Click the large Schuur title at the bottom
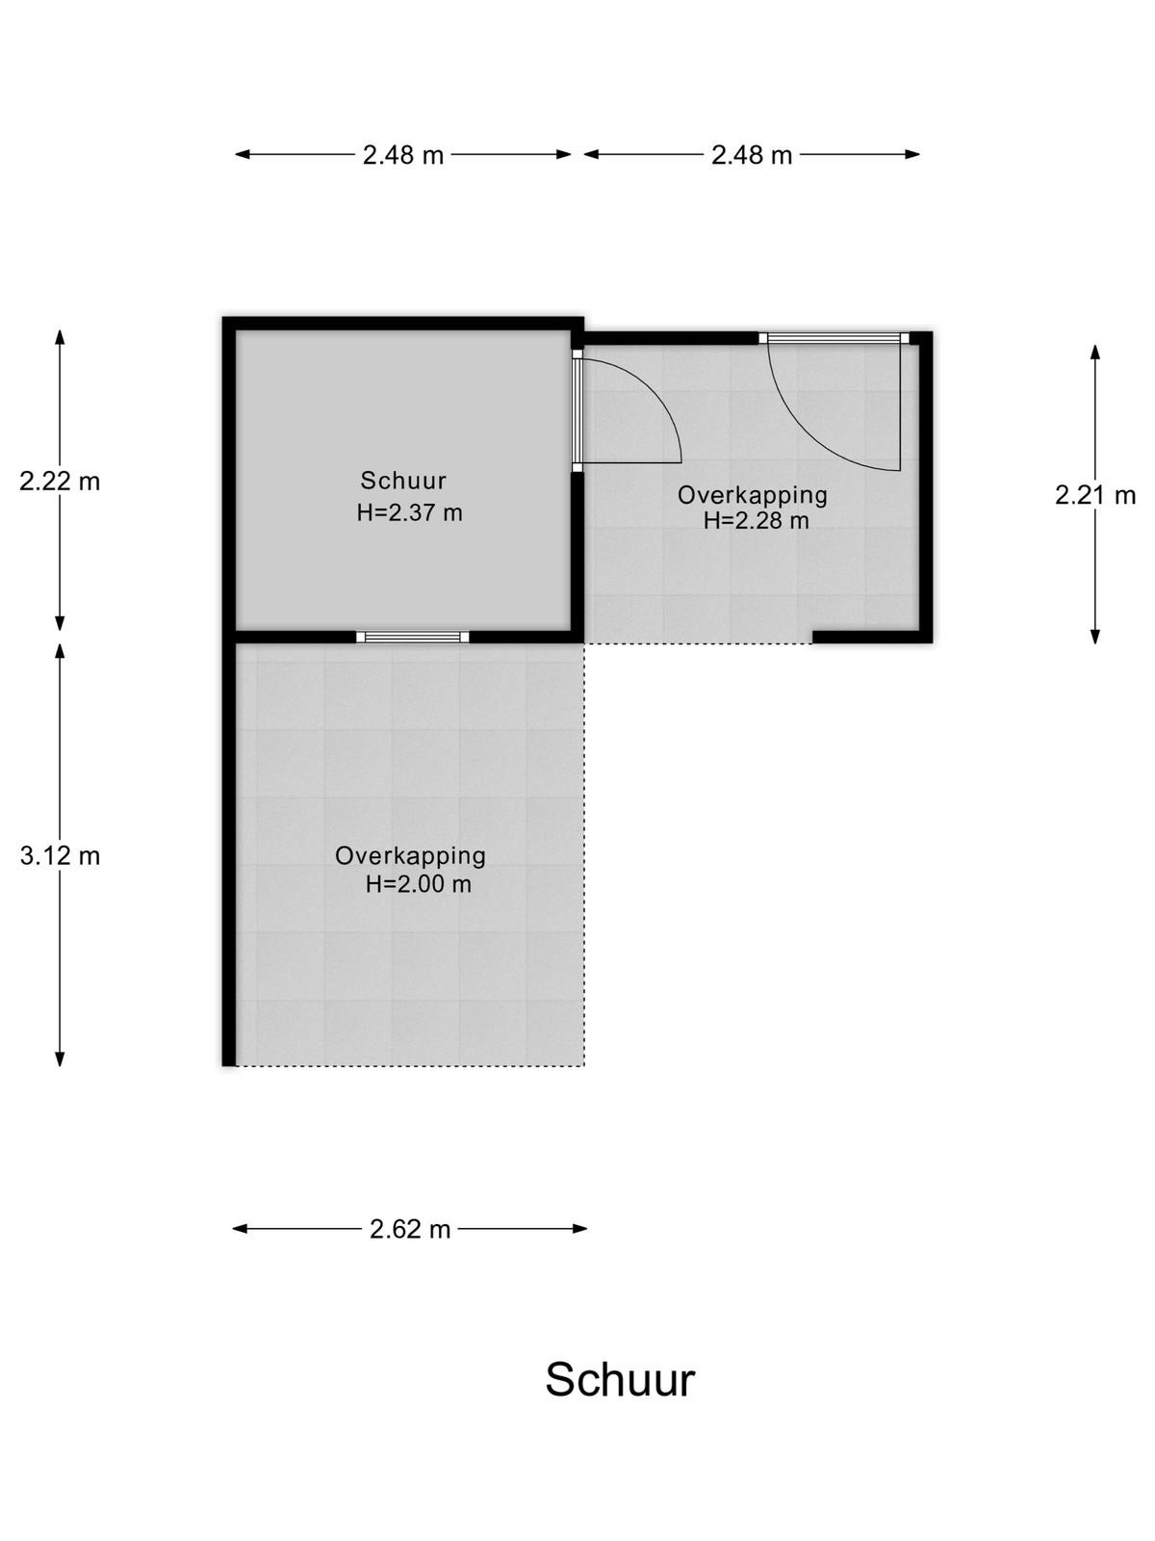620,1379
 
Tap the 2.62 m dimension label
410,1229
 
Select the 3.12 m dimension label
60,856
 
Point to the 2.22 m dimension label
60,481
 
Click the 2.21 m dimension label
1094,495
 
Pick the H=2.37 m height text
410,513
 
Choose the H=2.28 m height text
756,521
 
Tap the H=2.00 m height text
418,884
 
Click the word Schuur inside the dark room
403,481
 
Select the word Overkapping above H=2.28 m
753,496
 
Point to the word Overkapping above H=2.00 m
410,856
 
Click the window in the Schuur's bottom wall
412,637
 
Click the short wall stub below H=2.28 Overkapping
872,637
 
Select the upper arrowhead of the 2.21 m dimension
1094,352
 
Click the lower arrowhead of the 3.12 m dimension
60,1058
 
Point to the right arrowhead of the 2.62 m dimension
580,1229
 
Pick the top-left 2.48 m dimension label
402,154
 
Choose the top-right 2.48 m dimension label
752,154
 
